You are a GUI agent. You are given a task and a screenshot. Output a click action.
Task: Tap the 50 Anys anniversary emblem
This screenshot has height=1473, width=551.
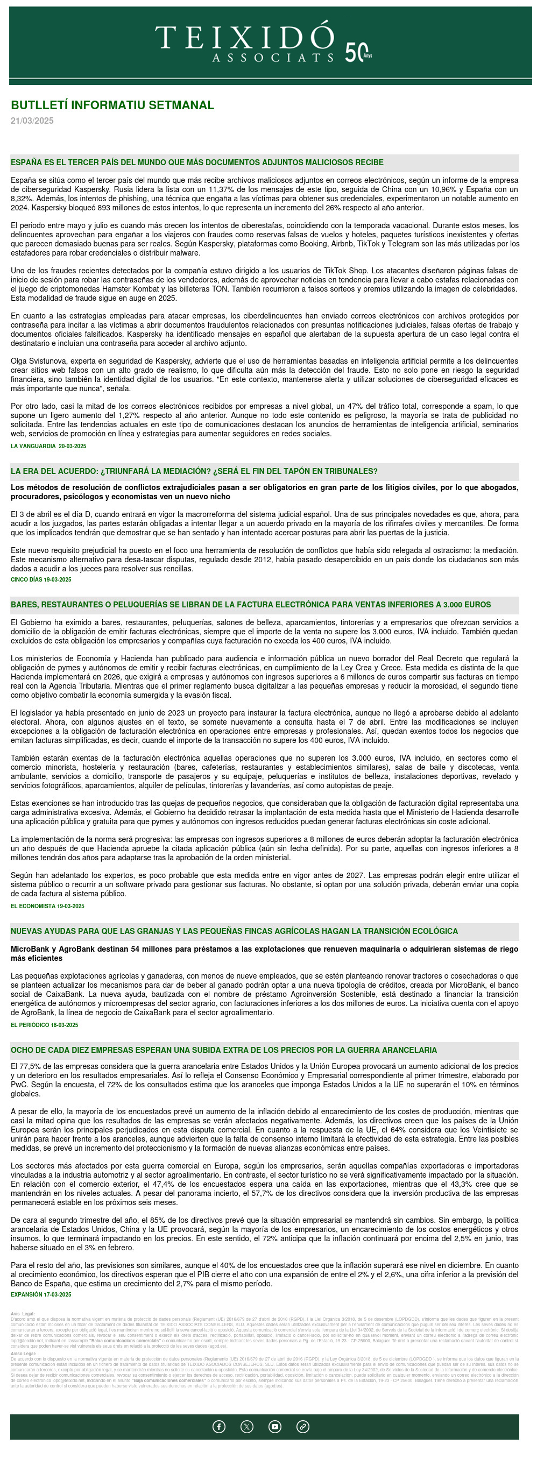358,53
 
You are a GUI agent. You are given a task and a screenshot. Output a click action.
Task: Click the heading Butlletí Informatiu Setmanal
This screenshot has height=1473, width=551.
112,105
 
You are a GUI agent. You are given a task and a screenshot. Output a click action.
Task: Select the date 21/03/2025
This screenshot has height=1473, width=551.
32,121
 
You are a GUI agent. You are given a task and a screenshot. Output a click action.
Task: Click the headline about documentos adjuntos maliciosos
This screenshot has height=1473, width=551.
197,163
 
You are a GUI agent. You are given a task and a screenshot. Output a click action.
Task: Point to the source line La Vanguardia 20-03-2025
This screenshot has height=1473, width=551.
48,446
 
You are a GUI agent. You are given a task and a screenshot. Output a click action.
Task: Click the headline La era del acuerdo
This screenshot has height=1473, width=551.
194,472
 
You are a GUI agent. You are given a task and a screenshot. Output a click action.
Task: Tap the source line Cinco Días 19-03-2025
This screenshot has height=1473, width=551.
40,580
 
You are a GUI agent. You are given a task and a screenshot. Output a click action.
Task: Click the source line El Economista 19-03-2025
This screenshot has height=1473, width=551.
47,907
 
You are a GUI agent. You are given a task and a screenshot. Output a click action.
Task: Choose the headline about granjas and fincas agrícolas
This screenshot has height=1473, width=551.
234,931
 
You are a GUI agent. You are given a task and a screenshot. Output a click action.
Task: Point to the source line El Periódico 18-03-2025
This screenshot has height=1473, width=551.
44,1025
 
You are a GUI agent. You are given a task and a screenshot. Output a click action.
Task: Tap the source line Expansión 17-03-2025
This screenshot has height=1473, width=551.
40,1294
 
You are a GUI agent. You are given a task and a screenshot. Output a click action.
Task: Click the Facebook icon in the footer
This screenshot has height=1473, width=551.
218,1427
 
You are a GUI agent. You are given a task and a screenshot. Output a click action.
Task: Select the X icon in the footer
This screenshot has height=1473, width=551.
246,1427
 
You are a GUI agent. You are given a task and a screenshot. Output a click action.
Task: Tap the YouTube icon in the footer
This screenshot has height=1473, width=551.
274,1427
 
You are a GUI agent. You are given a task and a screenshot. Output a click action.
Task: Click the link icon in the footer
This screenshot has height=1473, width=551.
303,1427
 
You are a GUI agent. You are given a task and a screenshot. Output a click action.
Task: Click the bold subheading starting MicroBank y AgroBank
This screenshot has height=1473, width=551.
264,954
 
